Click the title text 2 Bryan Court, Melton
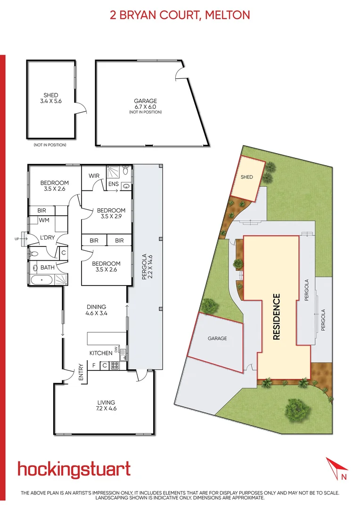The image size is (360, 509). (x=180, y=15)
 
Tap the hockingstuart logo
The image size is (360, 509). (x=74, y=469)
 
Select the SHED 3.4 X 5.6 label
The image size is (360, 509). (x=50, y=98)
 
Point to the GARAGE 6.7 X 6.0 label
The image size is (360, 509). (x=145, y=104)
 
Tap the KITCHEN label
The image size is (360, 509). (x=101, y=353)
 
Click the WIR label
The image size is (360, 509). (x=94, y=176)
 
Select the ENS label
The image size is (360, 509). (x=113, y=184)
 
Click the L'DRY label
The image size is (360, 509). (x=48, y=238)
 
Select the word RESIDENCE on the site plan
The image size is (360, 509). (x=277, y=317)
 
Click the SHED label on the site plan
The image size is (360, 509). (x=246, y=177)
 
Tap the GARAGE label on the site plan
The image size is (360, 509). (x=217, y=338)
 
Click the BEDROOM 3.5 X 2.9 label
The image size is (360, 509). (x=111, y=213)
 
